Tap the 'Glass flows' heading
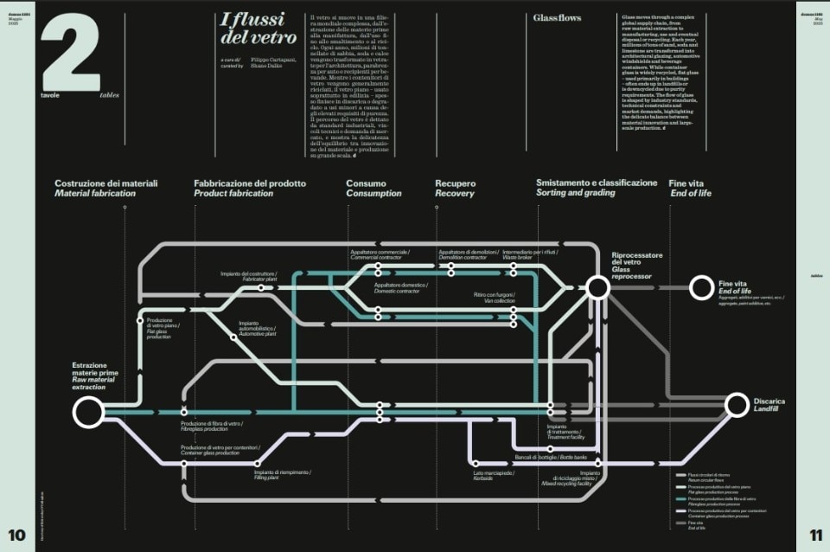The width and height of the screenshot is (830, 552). click(x=557, y=17)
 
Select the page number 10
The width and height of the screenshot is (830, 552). click(x=17, y=534)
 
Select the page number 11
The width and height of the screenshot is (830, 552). click(x=815, y=534)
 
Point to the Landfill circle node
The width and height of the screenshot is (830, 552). click(x=737, y=404)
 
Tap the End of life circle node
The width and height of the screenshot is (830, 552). click(x=701, y=286)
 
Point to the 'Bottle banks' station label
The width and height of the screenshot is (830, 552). click(x=551, y=457)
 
